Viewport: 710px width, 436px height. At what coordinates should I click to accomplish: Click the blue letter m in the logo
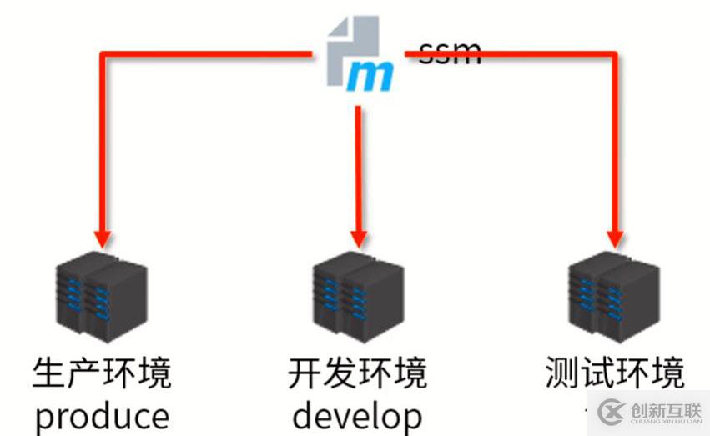(369, 77)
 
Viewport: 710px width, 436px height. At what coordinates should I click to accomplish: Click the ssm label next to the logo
(450, 53)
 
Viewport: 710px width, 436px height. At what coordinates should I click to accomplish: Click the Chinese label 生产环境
(102, 373)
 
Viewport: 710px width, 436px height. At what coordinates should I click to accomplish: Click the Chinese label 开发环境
(358, 373)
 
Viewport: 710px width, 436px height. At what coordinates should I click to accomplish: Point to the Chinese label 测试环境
(615, 373)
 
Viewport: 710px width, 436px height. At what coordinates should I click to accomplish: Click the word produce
(102, 415)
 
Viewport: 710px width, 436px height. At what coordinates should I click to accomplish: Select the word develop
(358, 415)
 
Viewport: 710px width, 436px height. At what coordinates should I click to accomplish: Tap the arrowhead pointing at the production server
(101, 238)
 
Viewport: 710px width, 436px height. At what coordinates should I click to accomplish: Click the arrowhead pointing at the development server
(358, 238)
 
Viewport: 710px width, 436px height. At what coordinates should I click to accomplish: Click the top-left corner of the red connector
(102, 55)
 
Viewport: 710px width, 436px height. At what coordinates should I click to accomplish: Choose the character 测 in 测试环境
(562, 373)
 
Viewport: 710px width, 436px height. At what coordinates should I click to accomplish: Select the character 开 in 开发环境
(305, 373)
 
